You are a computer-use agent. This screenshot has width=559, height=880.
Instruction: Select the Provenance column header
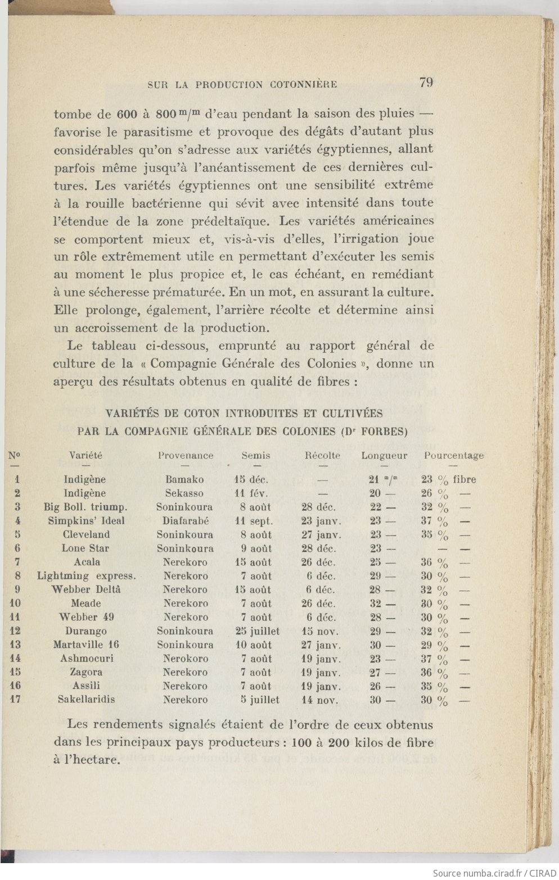[x=186, y=456]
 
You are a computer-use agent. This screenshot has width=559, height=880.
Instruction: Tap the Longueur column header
[x=384, y=456]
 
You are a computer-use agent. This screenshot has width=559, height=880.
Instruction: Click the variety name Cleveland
[x=86, y=534]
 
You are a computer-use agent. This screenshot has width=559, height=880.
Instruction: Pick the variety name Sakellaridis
[x=86, y=700]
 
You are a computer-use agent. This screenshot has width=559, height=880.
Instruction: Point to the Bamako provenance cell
[x=184, y=480]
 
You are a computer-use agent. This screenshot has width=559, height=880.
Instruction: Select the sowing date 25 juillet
[x=257, y=631]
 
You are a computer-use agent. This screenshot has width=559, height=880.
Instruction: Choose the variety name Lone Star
[x=85, y=548]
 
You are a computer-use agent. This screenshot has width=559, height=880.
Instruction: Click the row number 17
[x=16, y=700]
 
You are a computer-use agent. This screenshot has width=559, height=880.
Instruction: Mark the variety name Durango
[x=85, y=631]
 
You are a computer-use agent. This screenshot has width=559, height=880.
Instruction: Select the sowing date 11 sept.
[x=253, y=521]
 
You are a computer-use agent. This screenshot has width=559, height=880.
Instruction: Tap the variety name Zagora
[x=86, y=672]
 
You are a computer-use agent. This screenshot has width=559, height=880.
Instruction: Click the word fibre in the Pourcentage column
[x=464, y=480]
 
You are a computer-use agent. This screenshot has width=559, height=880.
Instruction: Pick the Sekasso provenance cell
[x=184, y=493]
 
